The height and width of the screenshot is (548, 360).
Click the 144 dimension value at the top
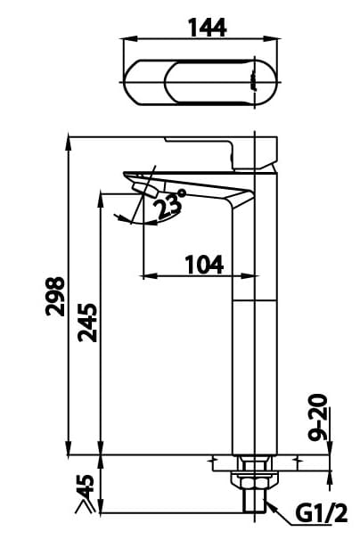[206, 28]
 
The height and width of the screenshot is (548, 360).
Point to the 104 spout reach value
[203, 266]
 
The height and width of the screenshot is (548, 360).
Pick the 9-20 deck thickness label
[320, 418]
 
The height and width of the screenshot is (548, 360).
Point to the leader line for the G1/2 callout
[281, 509]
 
